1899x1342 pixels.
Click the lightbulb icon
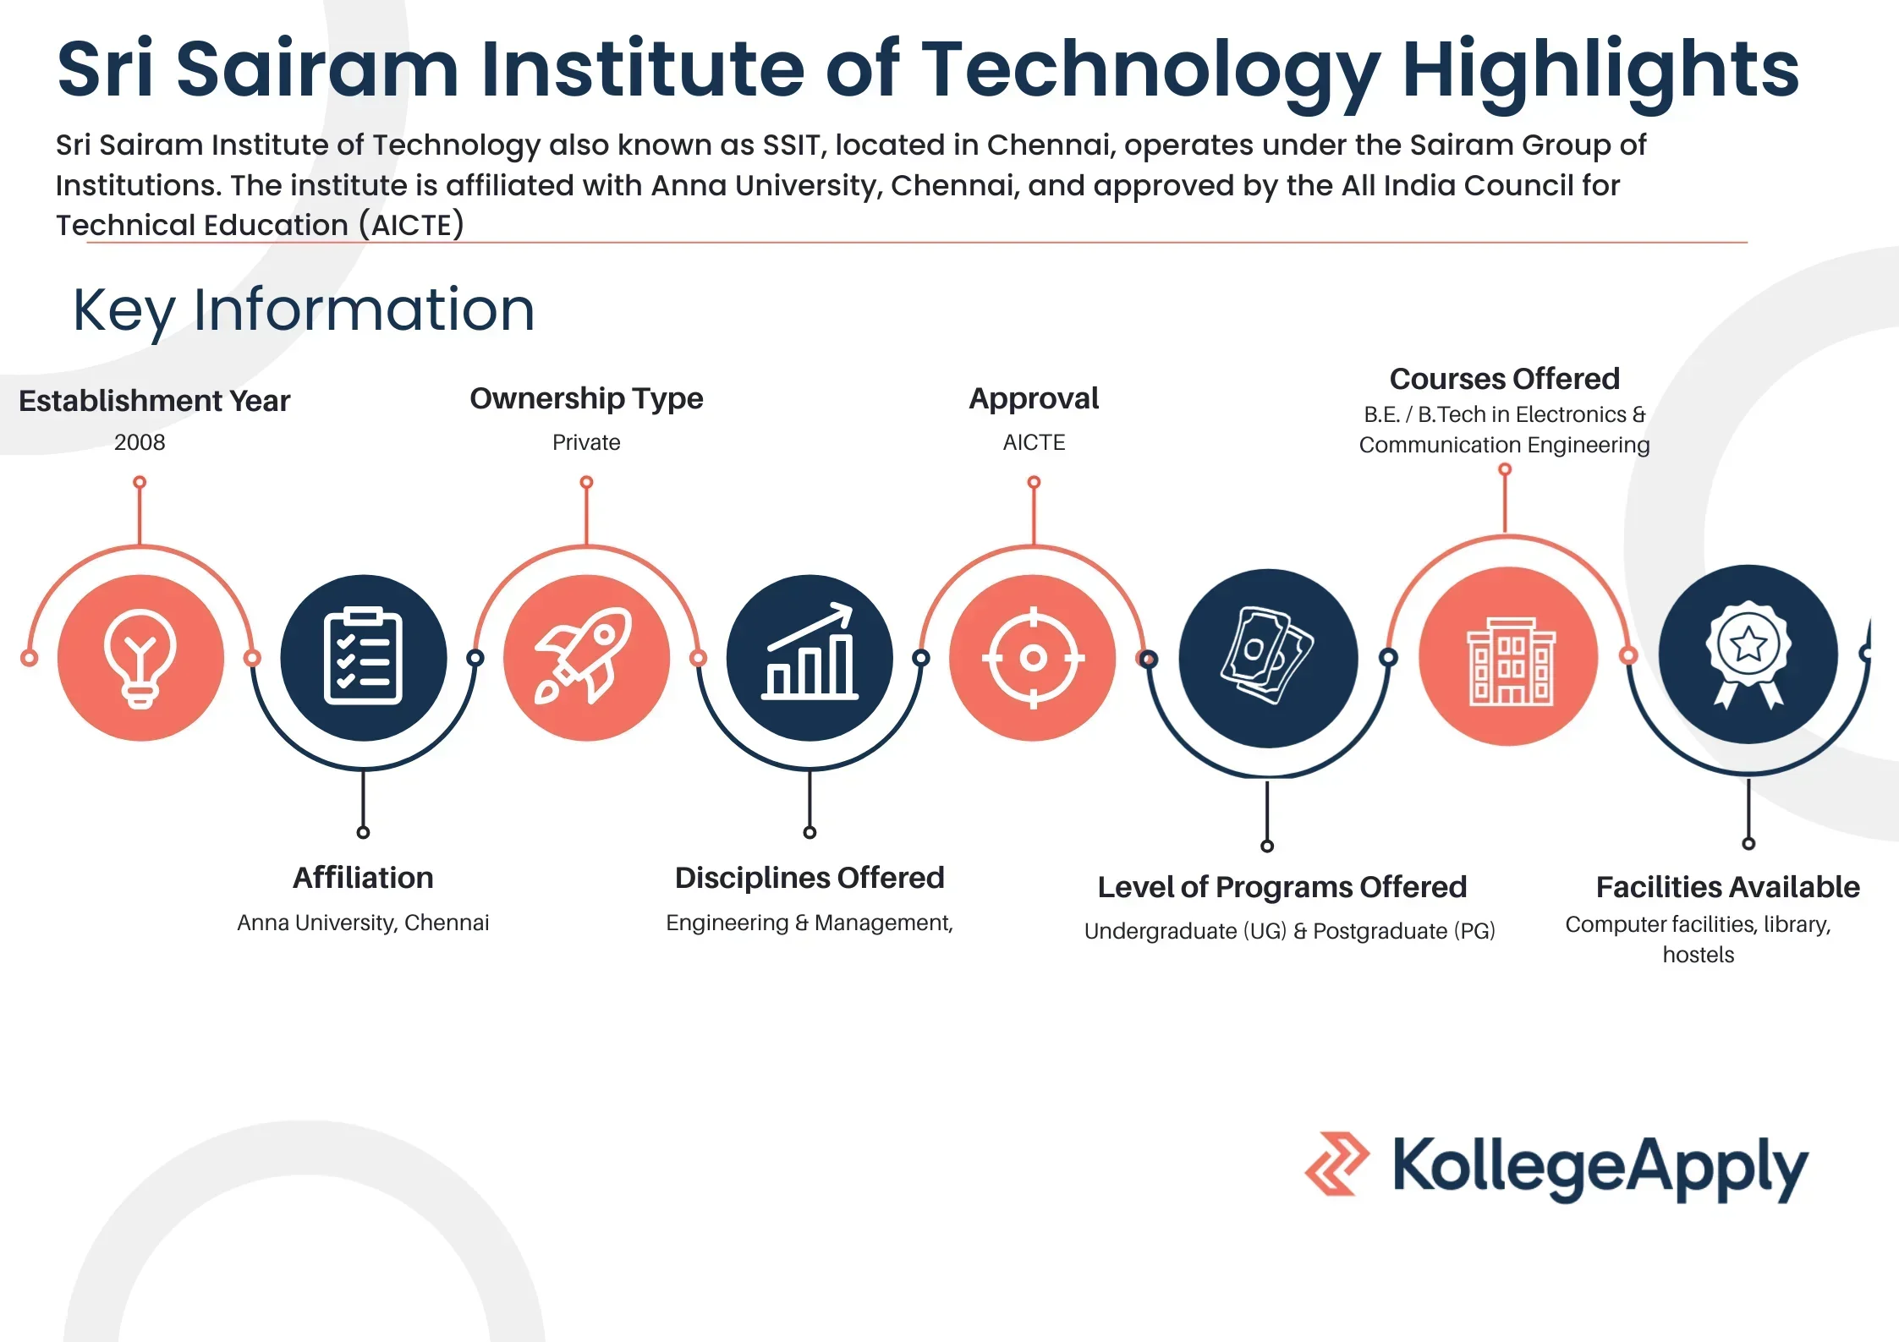pos(140,658)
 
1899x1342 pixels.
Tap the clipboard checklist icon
pos(363,656)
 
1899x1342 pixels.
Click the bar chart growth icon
pos(810,651)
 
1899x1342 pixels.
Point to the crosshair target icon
pos(1033,657)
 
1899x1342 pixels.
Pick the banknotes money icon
pos(1266,655)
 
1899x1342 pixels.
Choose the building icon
pos(1510,660)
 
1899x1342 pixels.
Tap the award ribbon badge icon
pos(1748,654)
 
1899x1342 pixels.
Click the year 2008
pos(140,442)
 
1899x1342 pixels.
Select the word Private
pos(586,442)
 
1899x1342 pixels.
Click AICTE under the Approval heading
pos(1034,442)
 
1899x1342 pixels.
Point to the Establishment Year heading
pos(154,401)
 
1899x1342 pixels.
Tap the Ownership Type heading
pos(586,399)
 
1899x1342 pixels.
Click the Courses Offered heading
pos(1505,379)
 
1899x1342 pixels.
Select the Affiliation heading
pos(363,878)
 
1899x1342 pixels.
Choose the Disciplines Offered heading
pos(810,879)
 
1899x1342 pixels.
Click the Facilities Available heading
pos(1728,887)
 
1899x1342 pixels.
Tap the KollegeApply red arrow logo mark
pos(1336,1164)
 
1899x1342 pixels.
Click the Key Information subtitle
pos(305,311)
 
